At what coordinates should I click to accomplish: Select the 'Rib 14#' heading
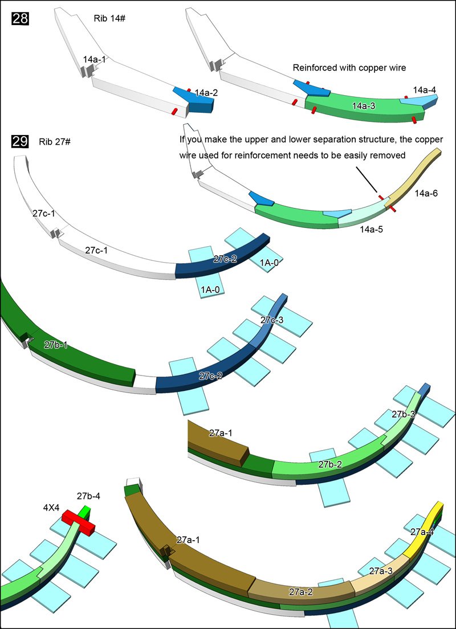(x=109, y=18)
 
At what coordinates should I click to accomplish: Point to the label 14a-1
(x=95, y=59)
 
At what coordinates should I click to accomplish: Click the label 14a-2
(x=206, y=92)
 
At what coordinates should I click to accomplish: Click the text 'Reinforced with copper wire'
(x=349, y=68)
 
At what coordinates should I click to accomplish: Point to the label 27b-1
(x=56, y=345)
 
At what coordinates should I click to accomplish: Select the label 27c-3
(x=272, y=320)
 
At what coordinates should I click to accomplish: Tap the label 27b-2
(x=330, y=464)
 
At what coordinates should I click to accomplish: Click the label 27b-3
(x=403, y=414)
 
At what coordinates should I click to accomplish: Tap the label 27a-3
(x=381, y=571)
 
